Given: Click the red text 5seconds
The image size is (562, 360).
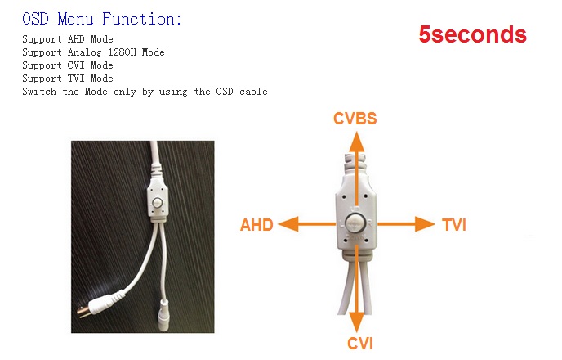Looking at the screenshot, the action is click(x=472, y=34).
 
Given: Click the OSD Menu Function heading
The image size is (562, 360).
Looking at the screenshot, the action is click(x=102, y=19).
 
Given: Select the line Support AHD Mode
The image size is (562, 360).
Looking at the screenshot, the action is click(x=68, y=38).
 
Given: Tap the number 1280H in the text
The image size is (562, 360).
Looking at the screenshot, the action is click(x=123, y=52).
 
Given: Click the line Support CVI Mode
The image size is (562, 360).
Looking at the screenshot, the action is click(x=68, y=65).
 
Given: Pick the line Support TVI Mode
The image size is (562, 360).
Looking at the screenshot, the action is click(x=68, y=79).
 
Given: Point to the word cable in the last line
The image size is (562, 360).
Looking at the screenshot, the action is click(x=253, y=92).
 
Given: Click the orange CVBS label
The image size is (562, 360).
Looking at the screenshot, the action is click(x=355, y=119).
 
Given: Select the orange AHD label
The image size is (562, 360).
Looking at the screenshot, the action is click(x=256, y=225).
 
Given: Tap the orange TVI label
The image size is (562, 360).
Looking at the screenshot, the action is click(x=454, y=225).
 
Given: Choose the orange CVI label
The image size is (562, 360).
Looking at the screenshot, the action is click(x=360, y=344).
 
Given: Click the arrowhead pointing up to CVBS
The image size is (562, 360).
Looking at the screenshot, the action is click(x=356, y=141).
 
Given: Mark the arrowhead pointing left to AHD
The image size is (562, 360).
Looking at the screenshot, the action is click(x=288, y=224).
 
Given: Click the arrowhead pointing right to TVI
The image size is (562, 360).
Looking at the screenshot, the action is click(x=425, y=224).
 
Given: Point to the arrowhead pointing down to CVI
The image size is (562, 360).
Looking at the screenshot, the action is click(x=356, y=322).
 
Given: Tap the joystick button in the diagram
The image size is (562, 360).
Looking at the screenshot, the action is click(x=355, y=225).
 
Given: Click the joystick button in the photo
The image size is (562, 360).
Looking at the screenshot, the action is click(x=158, y=202).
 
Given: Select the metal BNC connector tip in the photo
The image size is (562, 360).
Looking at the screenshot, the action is click(x=83, y=312).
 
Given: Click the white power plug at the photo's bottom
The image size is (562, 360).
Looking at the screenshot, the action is click(x=163, y=315).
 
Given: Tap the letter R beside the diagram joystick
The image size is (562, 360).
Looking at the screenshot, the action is click(x=369, y=223).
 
